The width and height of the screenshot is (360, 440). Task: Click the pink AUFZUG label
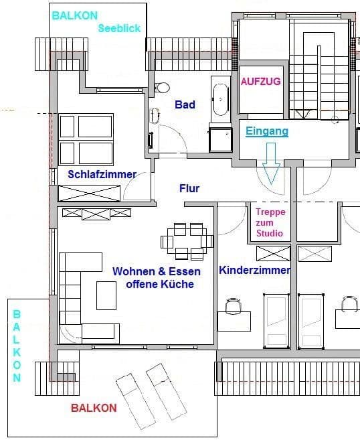coord(260,82)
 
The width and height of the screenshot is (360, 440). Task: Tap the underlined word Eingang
coord(266,131)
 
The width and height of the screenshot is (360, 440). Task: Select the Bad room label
coord(185,104)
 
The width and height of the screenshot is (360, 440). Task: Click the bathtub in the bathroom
coord(219,98)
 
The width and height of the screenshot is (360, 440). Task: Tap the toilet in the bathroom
coord(161,88)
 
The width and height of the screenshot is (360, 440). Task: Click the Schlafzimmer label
coord(102,174)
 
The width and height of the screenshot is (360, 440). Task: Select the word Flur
coord(189,188)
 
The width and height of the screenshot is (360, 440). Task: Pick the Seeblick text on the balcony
coord(119,28)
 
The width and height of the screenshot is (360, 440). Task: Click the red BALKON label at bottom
coord(94,408)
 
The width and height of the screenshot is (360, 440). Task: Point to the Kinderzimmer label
coord(254,271)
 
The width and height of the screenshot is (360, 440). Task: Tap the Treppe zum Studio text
coord(270,222)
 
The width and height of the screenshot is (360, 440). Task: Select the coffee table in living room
coord(106,295)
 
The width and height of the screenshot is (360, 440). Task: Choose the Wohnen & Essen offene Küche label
coord(153,277)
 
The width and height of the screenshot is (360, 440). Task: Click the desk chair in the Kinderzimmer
coord(233,305)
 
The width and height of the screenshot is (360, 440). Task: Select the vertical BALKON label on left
coord(17,345)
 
